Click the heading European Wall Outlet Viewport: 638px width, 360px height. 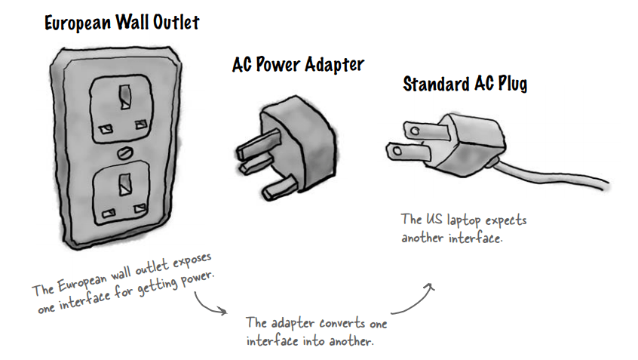point(121,23)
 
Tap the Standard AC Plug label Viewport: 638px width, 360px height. point(465,84)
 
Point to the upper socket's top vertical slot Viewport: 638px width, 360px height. point(121,96)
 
